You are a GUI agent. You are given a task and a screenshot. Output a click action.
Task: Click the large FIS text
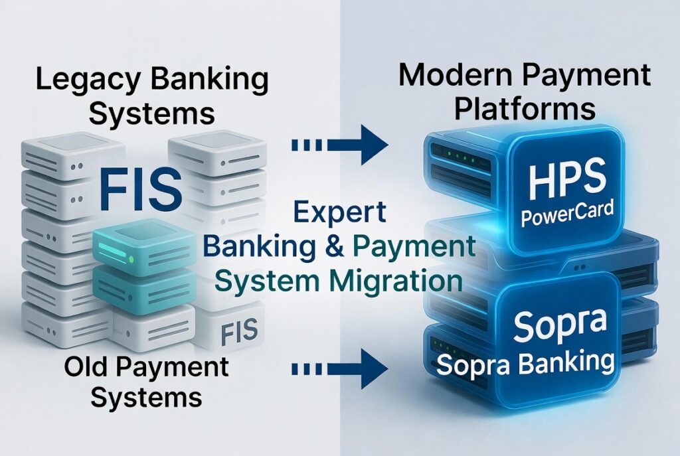click(140, 189)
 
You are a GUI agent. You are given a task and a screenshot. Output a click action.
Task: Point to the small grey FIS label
click(239, 332)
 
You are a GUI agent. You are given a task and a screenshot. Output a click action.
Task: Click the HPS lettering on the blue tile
click(567, 178)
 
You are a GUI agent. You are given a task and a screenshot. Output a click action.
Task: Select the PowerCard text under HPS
click(567, 214)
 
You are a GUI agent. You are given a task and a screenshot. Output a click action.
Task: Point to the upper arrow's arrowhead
click(374, 145)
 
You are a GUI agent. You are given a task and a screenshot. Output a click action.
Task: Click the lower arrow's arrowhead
click(374, 369)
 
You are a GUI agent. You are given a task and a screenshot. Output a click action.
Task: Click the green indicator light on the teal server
click(131, 260)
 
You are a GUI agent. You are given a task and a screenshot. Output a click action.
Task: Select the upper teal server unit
click(144, 246)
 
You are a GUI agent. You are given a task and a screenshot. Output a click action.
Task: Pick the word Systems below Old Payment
click(146, 398)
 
